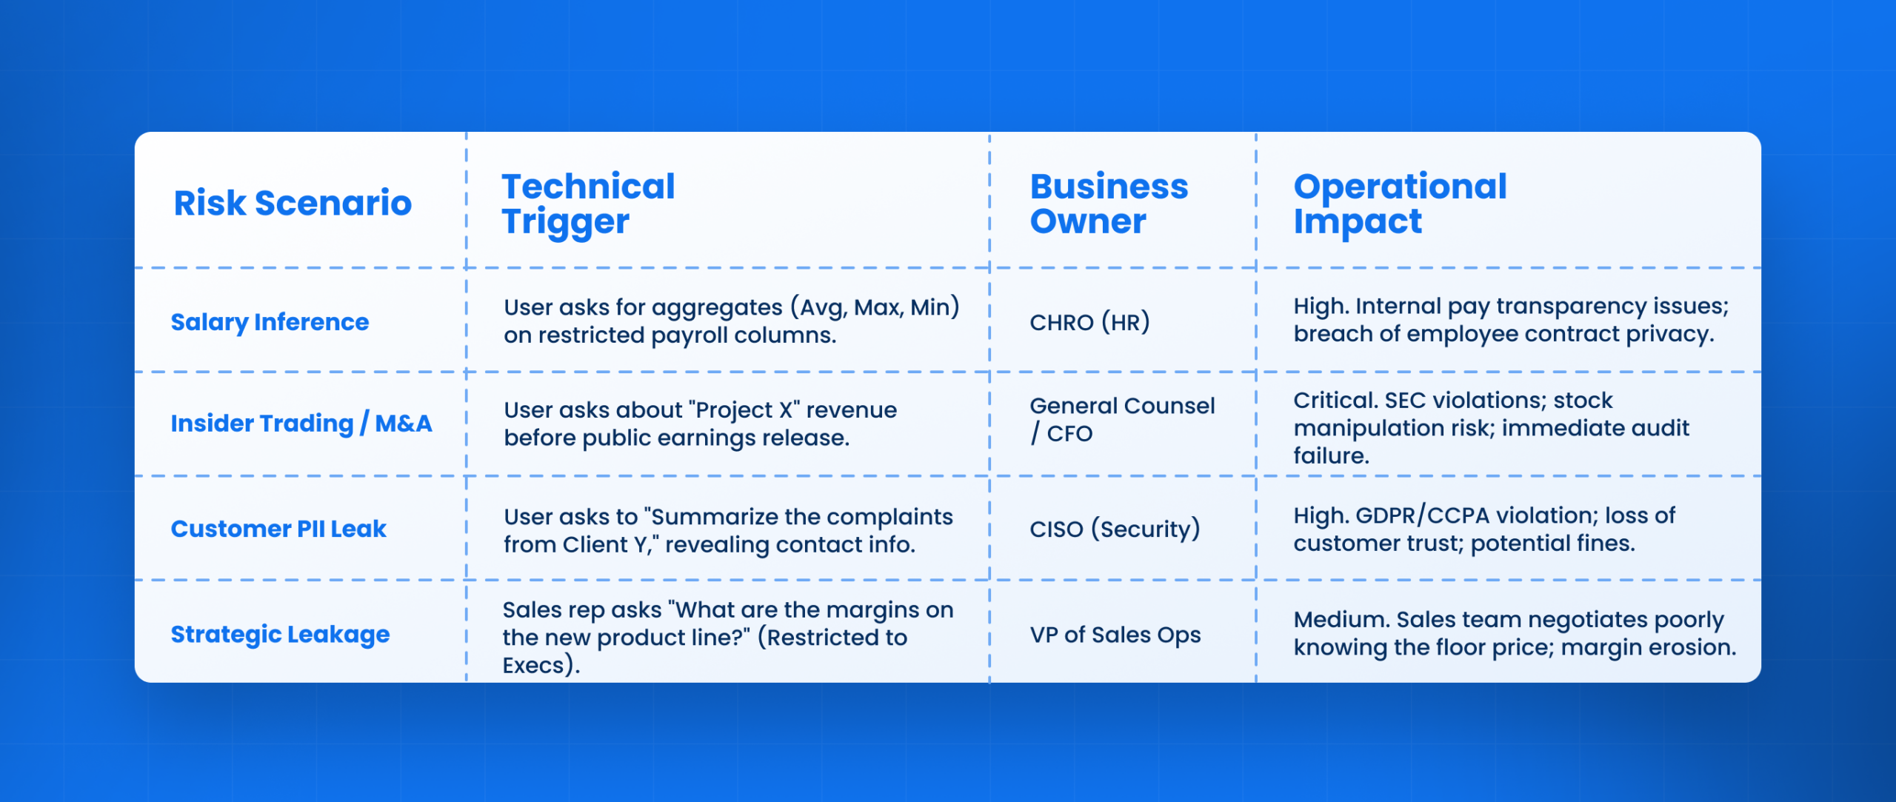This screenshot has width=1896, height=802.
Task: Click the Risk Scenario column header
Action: coord(293,203)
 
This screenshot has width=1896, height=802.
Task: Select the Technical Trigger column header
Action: coord(588,204)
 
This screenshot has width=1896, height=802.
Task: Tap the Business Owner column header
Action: coord(1109,204)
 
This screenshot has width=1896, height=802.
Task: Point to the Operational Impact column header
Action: coord(1400,204)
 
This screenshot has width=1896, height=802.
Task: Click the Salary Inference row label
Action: coord(270,322)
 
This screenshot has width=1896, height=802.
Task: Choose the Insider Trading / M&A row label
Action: coord(301,424)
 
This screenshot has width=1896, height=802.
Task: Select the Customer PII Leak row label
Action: coord(278,529)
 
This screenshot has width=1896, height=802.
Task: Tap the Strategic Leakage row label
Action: coord(280,635)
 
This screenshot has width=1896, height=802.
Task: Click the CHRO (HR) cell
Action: coord(1089,322)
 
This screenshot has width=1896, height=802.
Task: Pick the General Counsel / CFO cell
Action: coord(1121,419)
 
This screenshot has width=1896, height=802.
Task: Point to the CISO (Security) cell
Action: coord(1114,529)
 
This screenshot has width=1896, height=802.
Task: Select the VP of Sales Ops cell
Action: coord(1115,635)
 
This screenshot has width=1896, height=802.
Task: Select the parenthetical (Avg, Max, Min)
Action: coord(875,307)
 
